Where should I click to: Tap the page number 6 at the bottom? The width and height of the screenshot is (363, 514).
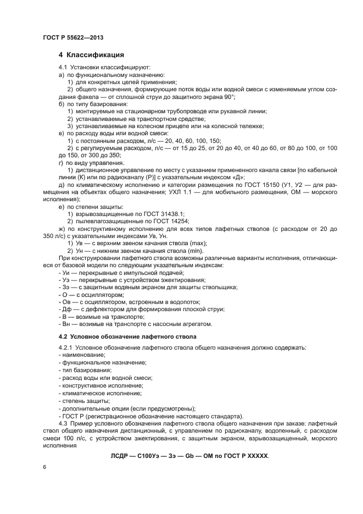(45, 467)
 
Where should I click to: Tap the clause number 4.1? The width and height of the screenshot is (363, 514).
(62, 67)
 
